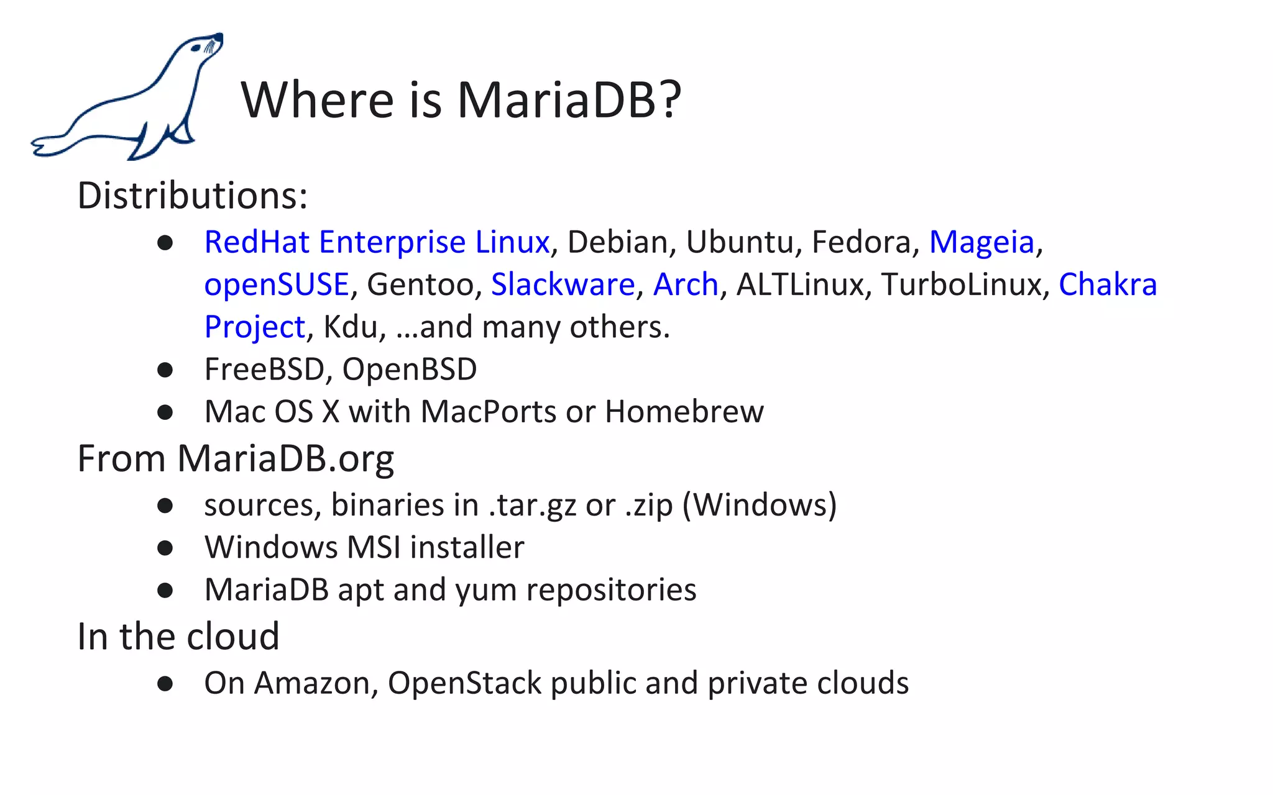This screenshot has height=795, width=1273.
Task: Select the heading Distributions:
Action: point(192,196)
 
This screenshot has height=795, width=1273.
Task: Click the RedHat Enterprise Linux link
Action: point(377,242)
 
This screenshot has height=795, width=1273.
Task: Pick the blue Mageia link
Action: point(981,242)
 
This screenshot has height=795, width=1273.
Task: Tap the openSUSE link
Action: point(277,284)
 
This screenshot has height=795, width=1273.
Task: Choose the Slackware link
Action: point(563,284)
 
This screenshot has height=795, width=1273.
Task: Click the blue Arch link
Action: point(686,284)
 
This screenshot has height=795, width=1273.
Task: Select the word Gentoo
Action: point(420,284)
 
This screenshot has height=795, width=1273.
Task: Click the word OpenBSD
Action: point(409,369)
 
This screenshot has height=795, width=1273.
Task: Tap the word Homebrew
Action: point(684,411)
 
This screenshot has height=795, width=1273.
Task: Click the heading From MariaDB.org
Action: point(235,459)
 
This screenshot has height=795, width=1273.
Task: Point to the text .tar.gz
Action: point(532,504)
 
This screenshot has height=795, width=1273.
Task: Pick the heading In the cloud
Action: point(178,637)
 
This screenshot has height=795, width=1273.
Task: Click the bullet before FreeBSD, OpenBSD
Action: point(165,370)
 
